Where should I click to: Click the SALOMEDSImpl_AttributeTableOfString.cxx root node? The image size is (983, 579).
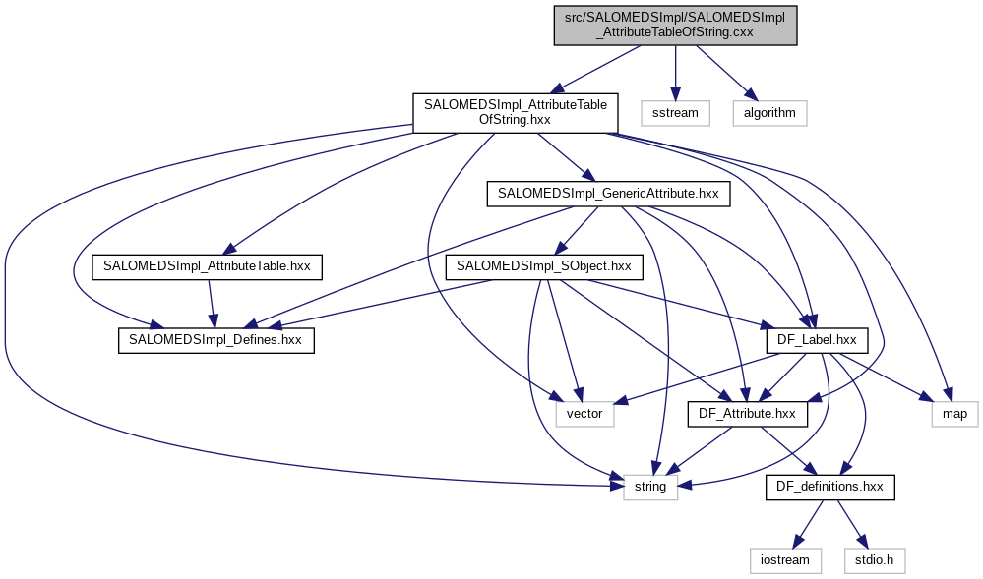[x=675, y=24]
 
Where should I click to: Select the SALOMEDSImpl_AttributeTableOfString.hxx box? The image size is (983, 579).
[x=515, y=112]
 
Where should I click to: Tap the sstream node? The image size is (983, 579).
[x=675, y=112]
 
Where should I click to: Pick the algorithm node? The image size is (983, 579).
[x=769, y=112]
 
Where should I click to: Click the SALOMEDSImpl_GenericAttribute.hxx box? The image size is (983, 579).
[x=608, y=194]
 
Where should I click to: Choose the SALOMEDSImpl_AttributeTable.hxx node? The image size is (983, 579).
[x=207, y=266]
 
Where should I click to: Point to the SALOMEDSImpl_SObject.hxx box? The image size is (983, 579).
[x=544, y=266]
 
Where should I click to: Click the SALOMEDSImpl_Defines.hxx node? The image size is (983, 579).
[x=215, y=340]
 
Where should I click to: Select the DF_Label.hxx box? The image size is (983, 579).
[x=816, y=340]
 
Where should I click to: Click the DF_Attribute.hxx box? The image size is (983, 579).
[x=747, y=414]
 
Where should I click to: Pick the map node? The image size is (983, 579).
[x=954, y=414]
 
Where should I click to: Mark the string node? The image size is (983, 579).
[x=650, y=487]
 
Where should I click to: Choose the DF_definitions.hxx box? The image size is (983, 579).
[x=830, y=487]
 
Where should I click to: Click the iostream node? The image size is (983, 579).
[x=785, y=559]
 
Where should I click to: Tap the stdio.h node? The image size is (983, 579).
[x=874, y=559]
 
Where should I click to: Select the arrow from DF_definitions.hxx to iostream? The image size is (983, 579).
[x=811, y=521]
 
